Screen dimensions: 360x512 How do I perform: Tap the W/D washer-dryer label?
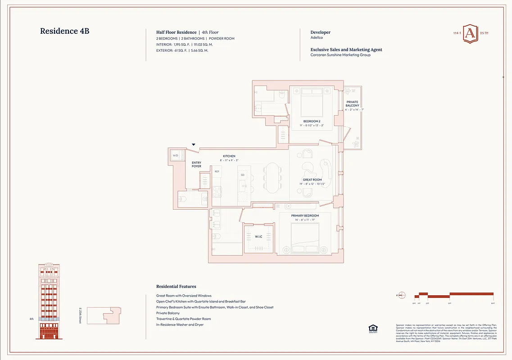pos(175,156)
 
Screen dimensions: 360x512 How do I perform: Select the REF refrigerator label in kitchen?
pos(217,171)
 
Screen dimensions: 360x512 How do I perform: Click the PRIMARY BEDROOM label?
pos(305,216)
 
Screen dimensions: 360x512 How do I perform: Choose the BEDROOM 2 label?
pos(312,121)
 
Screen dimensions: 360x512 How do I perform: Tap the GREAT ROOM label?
pos(312,180)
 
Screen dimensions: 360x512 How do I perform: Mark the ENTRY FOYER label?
pos(197,164)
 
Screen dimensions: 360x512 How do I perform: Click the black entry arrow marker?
pos(194,145)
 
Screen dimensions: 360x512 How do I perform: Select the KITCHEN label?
pos(229,156)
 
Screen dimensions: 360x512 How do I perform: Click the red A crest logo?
pos(470,34)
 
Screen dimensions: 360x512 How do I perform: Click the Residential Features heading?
pos(176,286)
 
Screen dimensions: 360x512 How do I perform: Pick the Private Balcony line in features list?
pos(168,313)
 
